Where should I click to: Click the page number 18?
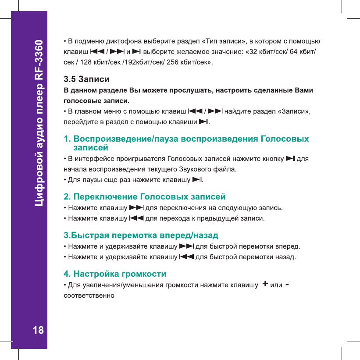(39, 330)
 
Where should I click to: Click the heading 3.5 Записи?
(87, 80)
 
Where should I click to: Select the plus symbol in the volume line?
(265, 285)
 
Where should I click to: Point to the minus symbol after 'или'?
(287, 285)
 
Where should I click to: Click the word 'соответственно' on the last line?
(89, 295)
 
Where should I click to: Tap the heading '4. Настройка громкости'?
(115, 274)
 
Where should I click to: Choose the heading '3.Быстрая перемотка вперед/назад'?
(141, 229)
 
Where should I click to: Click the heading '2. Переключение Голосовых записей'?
(145, 196)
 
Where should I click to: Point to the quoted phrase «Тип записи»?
(223, 42)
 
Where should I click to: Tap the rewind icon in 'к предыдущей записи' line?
(136, 218)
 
